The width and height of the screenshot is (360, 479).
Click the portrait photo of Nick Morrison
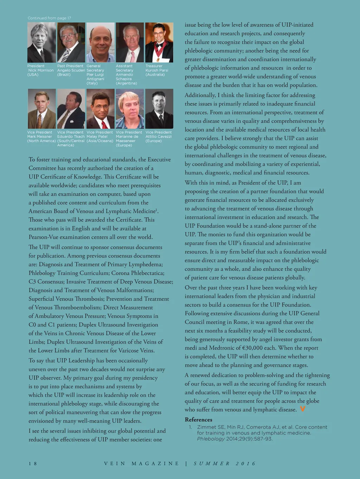pyautogui.click(x=41, y=43)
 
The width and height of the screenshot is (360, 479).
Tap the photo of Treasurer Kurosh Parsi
pyautogui.click(x=159, y=43)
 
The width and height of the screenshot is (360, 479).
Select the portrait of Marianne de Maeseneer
pyautogui.click(x=130, y=109)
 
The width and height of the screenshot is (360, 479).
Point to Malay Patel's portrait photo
pyautogui.click(x=101, y=109)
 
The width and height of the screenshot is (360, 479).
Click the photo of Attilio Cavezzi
pyautogui.click(x=159, y=109)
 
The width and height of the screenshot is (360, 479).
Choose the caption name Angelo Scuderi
pyautogui.click(x=71, y=70)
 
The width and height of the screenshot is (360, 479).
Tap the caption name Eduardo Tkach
pyautogui.click(x=71, y=136)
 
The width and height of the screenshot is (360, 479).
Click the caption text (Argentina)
pyautogui.click(x=126, y=83)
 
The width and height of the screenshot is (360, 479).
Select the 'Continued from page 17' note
pyautogui.click(x=49, y=18)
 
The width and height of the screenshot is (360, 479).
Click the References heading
pyautogui.click(x=198, y=420)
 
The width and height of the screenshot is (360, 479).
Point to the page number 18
pyautogui.click(x=33, y=464)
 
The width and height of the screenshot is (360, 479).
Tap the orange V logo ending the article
pyautogui.click(x=302, y=409)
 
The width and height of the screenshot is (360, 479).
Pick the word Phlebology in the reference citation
pyautogui.click(x=211, y=439)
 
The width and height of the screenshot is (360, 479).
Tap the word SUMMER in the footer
pyautogui.click(x=212, y=464)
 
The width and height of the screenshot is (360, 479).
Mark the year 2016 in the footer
pyautogui.click(x=246, y=464)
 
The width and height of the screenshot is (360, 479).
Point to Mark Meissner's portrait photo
pyautogui.click(x=41, y=109)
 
